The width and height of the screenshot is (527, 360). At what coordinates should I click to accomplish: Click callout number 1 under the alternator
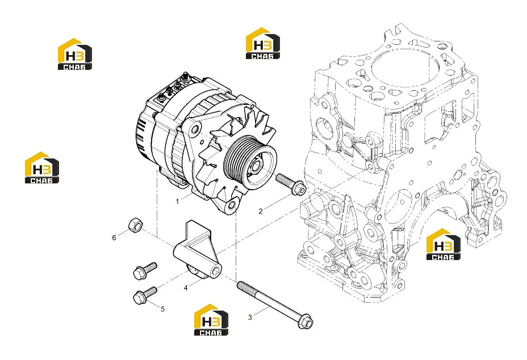tap(177, 202)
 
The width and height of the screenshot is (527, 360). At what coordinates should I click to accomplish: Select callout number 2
tap(261, 211)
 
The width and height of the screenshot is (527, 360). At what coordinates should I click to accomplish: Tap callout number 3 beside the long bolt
tap(250, 317)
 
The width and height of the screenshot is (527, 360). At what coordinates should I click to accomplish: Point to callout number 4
tap(186, 288)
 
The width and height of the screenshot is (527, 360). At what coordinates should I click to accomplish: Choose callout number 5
tap(163, 309)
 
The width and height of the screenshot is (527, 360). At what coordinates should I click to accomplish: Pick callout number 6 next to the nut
tap(114, 238)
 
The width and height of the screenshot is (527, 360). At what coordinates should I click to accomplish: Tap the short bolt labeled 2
tap(291, 184)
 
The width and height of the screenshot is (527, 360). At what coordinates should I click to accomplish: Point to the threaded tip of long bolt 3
tap(239, 284)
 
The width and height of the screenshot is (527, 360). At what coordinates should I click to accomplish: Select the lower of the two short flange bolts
tap(145, 295)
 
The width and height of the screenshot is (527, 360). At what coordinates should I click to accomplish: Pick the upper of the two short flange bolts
tap(145, 270)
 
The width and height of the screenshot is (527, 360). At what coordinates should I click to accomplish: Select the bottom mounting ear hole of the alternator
tap(232, 205)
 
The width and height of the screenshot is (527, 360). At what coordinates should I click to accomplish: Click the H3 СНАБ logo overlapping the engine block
tap(444, 244)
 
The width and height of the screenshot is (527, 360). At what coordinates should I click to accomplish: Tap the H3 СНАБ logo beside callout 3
tap(211, 320)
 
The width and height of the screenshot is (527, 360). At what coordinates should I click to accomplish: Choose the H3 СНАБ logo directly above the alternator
tap(263, 43)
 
